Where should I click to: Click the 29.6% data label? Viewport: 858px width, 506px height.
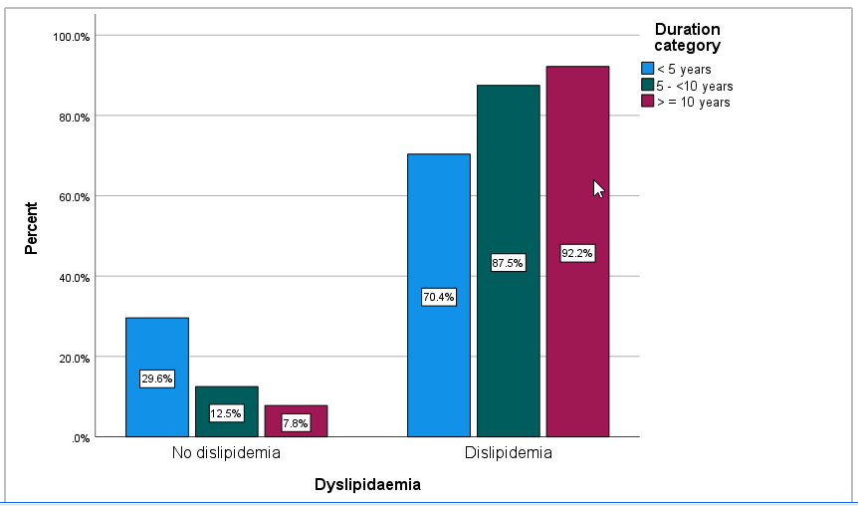click(x=157, y=379)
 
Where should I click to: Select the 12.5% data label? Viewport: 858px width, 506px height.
click(x=227, y=413)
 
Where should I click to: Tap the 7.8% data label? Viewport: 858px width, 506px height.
click(x=296, y=423)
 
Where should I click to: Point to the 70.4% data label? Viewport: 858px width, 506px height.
click(x=439, y=297)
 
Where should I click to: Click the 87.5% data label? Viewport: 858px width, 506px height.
click(x=508, y=263)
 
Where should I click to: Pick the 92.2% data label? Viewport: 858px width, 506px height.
click(x=577, y=253)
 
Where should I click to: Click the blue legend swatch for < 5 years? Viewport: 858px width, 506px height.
click(x=647, y=69)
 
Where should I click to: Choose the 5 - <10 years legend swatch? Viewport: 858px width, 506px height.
click(x=647, y=85)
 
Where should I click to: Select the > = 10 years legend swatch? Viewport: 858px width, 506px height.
click(x=647, y=101)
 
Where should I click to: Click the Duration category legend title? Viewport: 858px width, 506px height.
click(x=687, y=37)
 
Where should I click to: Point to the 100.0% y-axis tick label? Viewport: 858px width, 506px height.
click(x=72, y=37)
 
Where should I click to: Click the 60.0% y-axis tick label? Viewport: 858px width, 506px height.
click(x=74, y=197)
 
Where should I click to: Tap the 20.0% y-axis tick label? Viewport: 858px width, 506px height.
click(x=74, y=358)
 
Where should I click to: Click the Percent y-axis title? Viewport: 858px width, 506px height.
click(x=32, y=229)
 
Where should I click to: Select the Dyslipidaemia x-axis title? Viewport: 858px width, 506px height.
click(x=367, y=485)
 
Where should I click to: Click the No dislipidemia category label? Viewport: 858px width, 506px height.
click(x=226, y=453)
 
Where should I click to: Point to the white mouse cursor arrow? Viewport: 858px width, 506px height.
click(x=598, y=188)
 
